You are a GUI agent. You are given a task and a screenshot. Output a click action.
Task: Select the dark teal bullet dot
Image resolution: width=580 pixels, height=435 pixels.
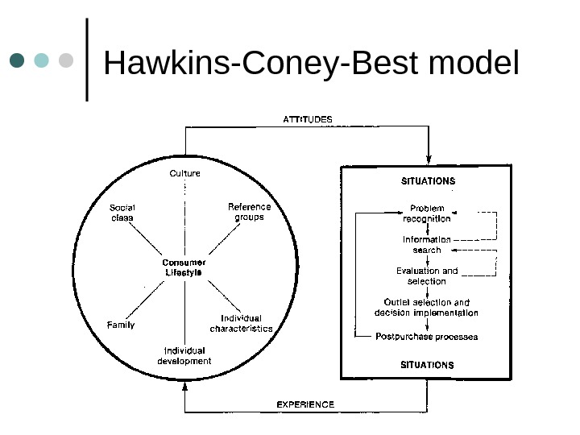point(18,60)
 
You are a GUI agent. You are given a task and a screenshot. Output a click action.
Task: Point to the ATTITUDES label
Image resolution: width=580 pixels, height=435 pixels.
point(307,119)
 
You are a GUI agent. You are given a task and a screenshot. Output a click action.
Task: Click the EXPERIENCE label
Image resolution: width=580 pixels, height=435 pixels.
point(305,404)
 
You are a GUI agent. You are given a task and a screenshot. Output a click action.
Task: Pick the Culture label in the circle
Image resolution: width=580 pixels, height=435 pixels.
point(185,173)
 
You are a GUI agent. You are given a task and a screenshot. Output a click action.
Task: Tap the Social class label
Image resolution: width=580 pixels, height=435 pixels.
point(122,212)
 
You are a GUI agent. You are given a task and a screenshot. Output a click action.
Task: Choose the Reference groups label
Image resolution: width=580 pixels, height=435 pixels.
point(250,212)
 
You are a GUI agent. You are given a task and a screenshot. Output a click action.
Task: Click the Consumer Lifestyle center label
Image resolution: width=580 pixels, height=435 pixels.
point(184,267)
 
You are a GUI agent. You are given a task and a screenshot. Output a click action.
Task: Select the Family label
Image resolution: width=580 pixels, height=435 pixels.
point(121,325)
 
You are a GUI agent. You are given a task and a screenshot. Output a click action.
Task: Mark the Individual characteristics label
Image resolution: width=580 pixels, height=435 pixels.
point(242,324)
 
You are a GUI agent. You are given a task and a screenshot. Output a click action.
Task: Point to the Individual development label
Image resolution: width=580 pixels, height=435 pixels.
point(184,356)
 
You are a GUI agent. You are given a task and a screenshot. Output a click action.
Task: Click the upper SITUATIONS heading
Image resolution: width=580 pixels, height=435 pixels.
point(428,181)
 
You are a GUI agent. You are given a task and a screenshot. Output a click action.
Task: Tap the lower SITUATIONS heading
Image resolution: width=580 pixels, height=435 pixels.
point(427,365)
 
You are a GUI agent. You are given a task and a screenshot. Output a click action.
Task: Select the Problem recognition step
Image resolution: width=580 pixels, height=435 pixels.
point(427,213)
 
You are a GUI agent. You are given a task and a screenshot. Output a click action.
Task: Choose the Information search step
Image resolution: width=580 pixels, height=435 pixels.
point(427,245)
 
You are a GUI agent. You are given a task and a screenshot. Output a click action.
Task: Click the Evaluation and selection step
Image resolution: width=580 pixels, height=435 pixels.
point(427,276)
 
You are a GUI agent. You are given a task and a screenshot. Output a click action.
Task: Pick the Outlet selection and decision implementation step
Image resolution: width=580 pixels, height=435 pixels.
point(427,308)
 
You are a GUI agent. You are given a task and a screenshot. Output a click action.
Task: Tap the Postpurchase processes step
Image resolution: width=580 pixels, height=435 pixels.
point(427,337)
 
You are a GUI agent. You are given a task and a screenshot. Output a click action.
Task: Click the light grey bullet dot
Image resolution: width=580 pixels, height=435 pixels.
point(66,60)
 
